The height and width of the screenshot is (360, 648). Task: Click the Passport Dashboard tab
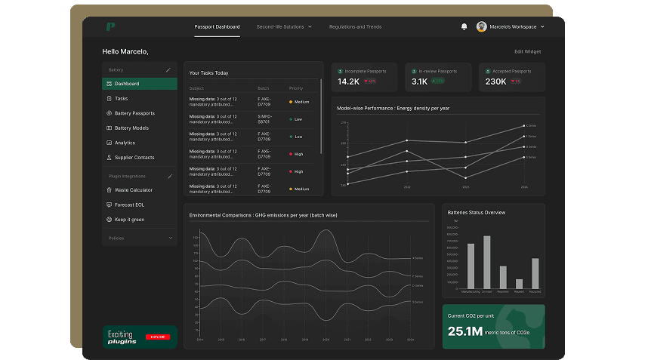[x=217, y=27]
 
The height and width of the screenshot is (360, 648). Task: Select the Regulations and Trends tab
[x=355, y=27]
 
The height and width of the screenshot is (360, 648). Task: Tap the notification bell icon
[x=464, y=27]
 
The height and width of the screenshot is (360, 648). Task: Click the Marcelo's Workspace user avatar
[x=482, y=27]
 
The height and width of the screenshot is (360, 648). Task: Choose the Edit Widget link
[x=527, y=52]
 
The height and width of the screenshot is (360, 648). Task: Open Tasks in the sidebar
[x=121, y=99]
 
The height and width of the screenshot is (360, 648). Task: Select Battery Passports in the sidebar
[x=134, y=113]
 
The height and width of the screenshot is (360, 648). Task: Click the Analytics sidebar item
[x=125, y=143]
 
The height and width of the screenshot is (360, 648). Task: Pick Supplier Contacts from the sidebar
[x=134, y=158]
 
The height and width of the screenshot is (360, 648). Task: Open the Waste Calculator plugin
[x=133, y=190]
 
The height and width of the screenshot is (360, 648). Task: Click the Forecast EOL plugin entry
[x=129, y=205]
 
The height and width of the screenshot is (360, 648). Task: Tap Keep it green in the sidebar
[x=129, y=220]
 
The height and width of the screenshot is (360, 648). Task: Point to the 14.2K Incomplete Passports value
[x=348, y=82]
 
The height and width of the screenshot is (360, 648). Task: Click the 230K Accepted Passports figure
[x=496, y=82]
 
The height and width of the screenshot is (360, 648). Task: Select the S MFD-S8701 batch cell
[x=264, y=119]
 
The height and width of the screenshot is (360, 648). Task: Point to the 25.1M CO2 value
[x=464, y=331]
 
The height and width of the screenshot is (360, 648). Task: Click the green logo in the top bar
[x=110, y=27]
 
